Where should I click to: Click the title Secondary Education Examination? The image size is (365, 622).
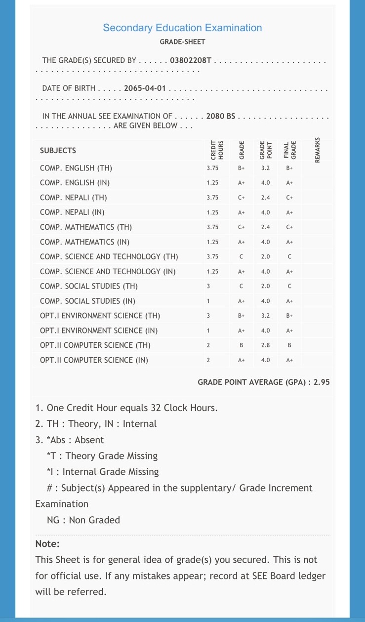182,28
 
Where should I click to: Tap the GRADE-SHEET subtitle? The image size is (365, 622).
182,42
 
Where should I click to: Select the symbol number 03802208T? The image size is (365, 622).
191,61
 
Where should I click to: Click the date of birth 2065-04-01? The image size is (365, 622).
145,89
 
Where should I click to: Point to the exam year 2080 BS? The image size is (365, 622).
221,117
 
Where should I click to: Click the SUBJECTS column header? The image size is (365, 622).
58,151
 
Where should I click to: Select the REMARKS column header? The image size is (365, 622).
317,150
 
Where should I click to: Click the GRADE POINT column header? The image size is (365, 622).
266,151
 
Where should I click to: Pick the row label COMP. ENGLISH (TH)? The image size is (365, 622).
76,168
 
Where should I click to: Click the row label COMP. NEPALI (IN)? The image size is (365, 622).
72,212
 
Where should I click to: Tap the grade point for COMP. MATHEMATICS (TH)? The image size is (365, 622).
265,227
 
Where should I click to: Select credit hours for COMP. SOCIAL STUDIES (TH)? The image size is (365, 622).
208,287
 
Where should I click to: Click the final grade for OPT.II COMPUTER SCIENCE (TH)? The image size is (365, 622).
289,345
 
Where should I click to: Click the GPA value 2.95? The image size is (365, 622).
321,382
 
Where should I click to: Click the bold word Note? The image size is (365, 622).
47,544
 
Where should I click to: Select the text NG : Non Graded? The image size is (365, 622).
83,520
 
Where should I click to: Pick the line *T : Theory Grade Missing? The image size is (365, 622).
102,456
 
